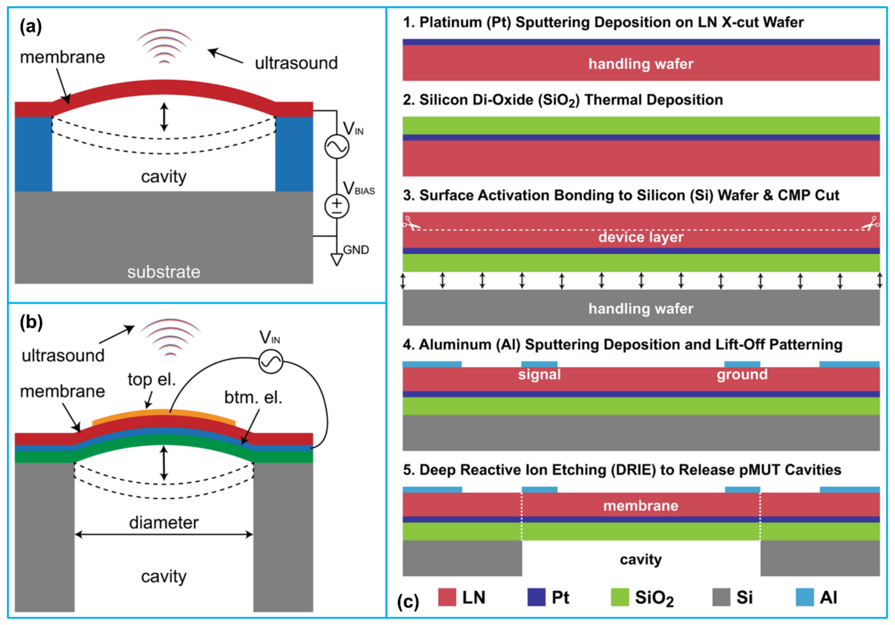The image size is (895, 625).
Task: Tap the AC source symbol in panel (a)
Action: (337, 146)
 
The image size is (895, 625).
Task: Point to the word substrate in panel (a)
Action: (164, 272)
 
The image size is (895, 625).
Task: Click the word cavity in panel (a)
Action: (164, 177)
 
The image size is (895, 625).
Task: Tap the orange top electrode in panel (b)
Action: (164, 413)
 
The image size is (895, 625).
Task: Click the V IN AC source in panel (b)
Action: (271, 362)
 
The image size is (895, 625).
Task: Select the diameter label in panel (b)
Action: (164, 522)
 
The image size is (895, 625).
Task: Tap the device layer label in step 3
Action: (641, 237)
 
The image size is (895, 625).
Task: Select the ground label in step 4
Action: (742, 374)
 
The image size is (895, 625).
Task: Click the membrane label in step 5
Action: (641, 506)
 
